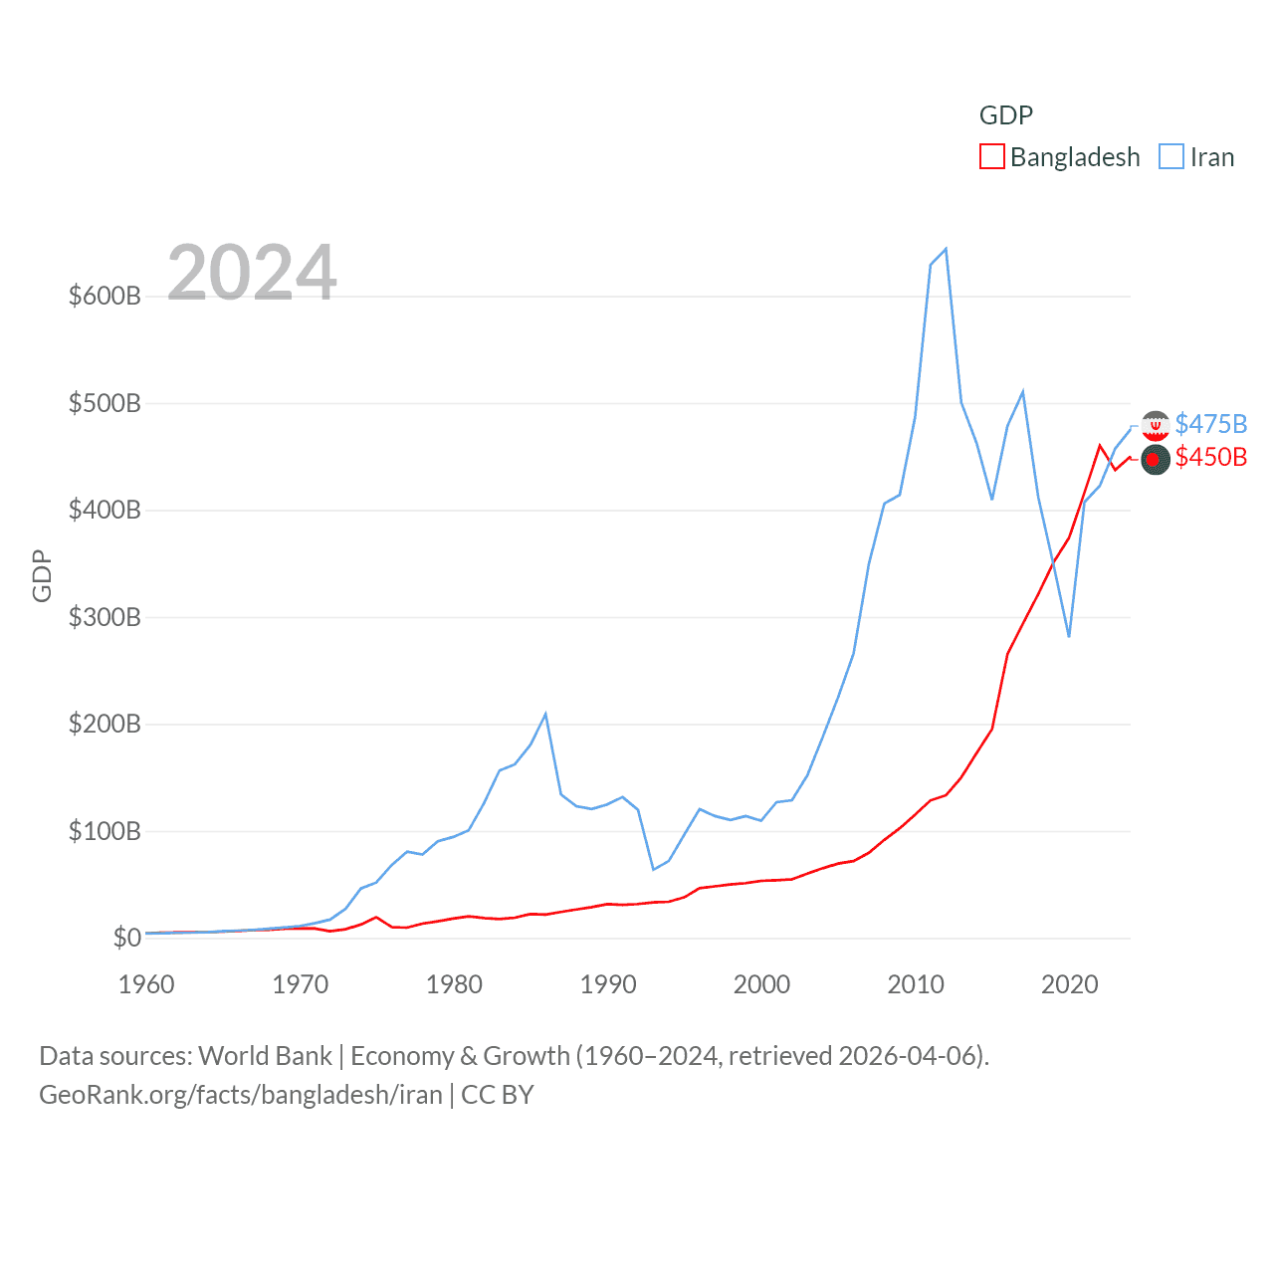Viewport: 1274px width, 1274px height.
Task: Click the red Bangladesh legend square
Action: [x=992, y=157]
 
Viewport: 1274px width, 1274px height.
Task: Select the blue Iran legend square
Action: [x=1171, y=157]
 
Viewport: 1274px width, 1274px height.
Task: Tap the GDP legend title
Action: [x=1006, y=115]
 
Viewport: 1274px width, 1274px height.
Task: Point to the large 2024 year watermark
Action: [x=252, y=273]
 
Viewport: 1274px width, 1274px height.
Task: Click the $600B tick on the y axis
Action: [x=105, y=297]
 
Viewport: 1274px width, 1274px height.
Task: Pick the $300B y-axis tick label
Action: [x=105, y=617]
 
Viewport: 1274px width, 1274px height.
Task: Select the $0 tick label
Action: [x=126, y=938]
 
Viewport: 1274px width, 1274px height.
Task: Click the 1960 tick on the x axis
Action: [x=146, y=984]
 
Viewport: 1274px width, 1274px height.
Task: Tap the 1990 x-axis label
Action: [x=608, y=984]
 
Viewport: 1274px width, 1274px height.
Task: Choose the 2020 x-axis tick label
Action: [x=1070, y=984]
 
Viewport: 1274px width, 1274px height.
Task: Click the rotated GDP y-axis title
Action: [x=42, y=575]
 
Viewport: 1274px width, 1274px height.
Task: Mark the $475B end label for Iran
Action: [x=1210, y=424]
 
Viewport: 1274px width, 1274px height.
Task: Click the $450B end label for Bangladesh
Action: [x=1210, y=457]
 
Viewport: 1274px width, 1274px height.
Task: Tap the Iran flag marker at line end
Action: [x=1156, y=426]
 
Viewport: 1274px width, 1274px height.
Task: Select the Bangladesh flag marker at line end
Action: [x=1155, y=460]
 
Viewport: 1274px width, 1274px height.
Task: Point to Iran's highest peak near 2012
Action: [x=946, y=249]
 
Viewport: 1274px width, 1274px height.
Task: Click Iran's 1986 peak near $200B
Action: [x=545, y=714]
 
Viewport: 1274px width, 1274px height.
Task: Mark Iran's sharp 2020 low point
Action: [x=1069, y=636]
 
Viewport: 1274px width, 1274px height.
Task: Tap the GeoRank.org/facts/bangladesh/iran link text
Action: [x=241, y=1095]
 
